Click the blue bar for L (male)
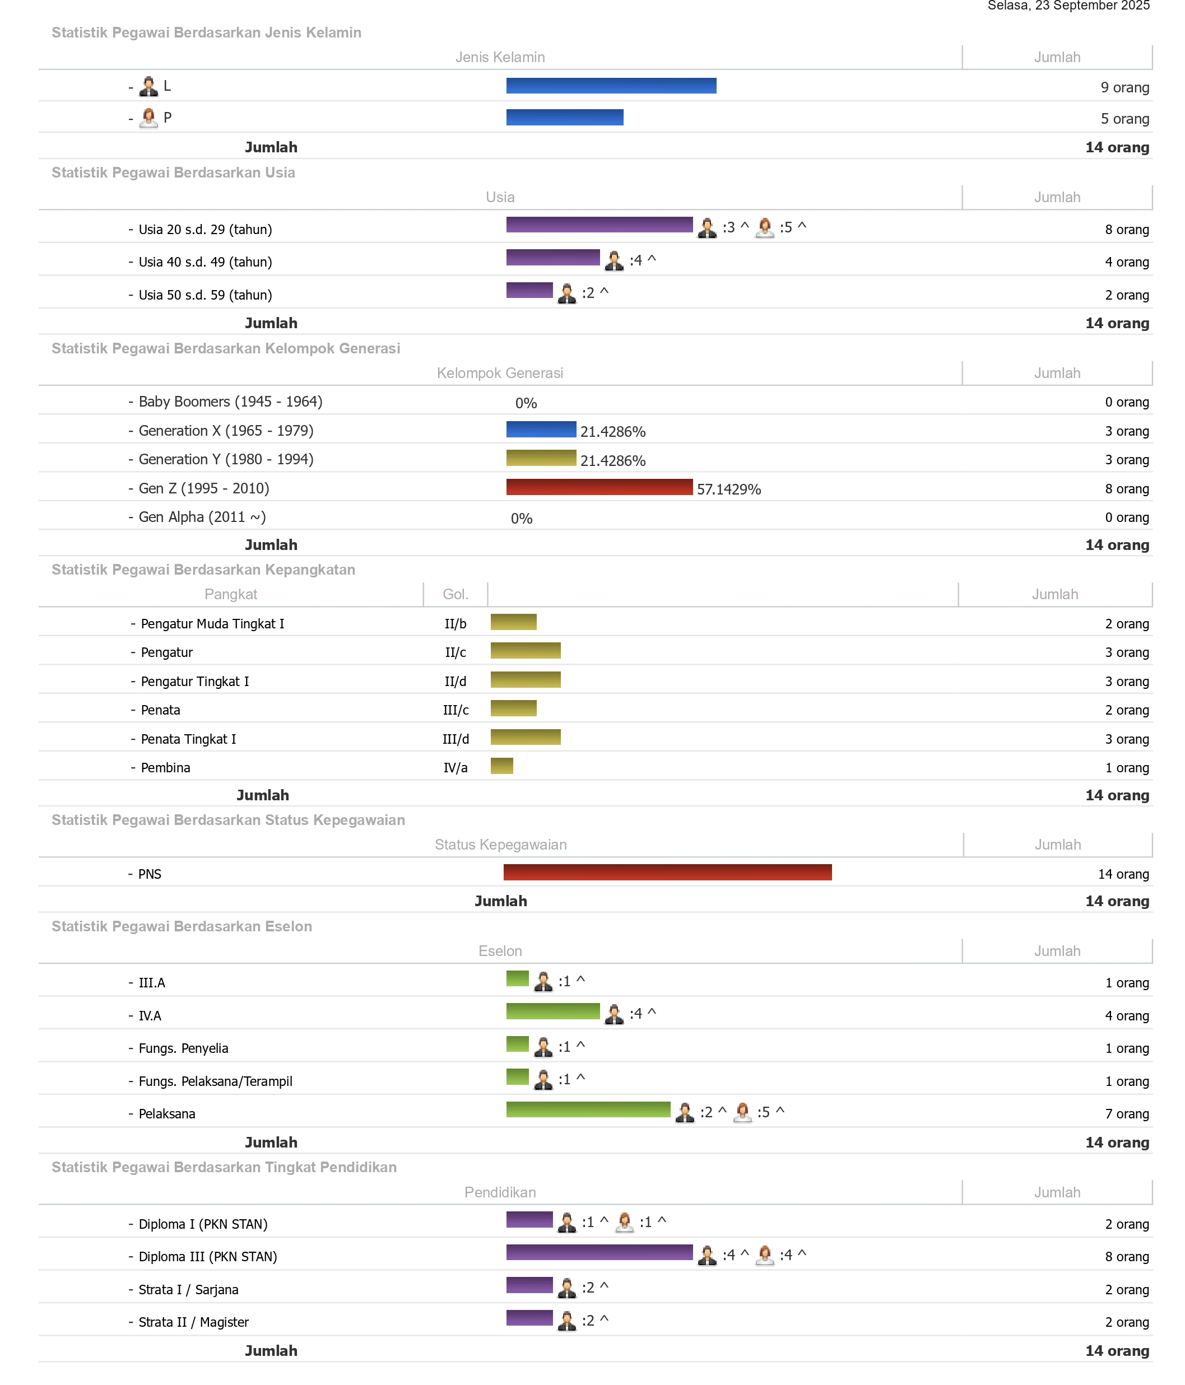pos(611,86)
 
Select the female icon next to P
pos(148,118)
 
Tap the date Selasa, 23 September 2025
pos(1068,6)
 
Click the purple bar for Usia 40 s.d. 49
pos(552,258)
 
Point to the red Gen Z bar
pos(598,487)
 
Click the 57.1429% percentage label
pos(728,489)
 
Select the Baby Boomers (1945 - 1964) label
pos(230,402)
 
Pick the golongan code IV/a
pos(456,767)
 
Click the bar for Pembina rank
pos(501,766)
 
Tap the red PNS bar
pos(667,873)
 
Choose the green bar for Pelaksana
pos(588,1109)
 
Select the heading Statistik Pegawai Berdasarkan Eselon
pos(182,926)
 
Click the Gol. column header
pos(456,594)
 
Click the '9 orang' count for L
pos(1125,87)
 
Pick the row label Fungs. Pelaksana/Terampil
pos(215,1081)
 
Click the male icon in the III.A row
pos(543,981)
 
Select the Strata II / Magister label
pos(193,1322)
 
